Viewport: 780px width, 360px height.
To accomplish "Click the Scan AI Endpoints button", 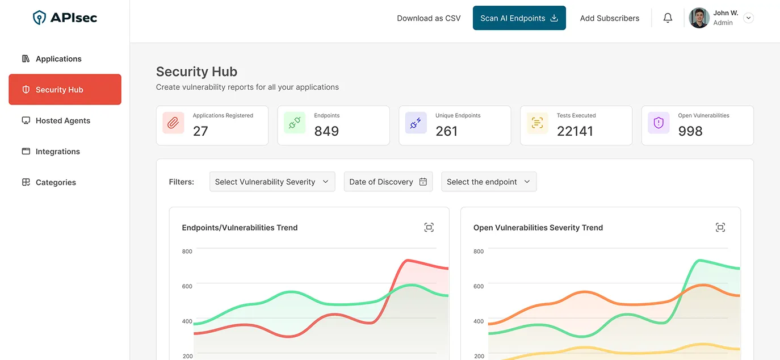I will (519, 18).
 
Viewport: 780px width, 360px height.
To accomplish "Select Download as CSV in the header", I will (429, 18).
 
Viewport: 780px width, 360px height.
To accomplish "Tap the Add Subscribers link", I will (609, 18).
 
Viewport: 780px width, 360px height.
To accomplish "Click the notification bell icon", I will (668, 18).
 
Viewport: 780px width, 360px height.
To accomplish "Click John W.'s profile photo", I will (699, 18).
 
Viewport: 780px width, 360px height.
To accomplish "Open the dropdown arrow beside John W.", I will (748, 18).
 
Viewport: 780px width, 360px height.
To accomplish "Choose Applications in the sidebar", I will (58, 59).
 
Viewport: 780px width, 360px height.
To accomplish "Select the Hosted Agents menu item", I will (62, 120).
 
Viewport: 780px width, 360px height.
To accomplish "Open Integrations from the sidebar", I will (57, 152).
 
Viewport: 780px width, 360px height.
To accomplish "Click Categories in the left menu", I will (56, 182).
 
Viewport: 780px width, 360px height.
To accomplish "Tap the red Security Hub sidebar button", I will (65, 90).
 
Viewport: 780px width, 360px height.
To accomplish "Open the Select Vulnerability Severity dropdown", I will (272, 182).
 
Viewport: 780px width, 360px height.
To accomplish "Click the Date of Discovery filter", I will (388, 182).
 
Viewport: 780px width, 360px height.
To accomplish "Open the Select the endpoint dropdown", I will (488, 182).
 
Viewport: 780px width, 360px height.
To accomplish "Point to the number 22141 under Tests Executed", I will (574, 131).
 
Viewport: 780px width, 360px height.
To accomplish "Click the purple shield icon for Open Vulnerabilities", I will (659, 123).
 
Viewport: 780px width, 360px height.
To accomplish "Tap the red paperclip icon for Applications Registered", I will (173, 123).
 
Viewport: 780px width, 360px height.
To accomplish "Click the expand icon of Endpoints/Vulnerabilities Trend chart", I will (429, 228).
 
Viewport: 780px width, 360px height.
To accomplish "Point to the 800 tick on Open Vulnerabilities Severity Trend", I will (479, 252).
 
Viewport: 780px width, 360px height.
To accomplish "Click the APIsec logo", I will (65, 18).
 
